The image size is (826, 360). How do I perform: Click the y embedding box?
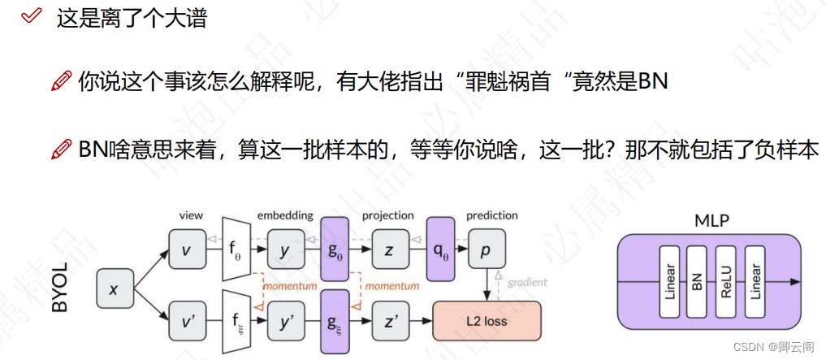coord(284,249)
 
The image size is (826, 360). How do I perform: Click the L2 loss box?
coord(487,321)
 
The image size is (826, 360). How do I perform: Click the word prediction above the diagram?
coord(491,215)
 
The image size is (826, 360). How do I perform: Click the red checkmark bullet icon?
coord(32,15)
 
